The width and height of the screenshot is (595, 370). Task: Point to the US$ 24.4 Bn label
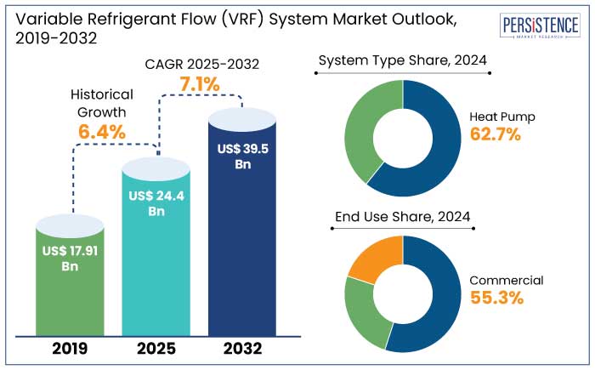click(x=156, y=203)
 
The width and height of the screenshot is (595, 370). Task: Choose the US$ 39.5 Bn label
click(x=241, y=157)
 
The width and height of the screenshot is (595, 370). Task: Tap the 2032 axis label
click(x=242, y=348)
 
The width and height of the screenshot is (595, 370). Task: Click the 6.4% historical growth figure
click(x=102, y=132)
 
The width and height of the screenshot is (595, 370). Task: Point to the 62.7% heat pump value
click(x=496, y=134)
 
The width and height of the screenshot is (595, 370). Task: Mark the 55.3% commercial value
click(x=496, y=298)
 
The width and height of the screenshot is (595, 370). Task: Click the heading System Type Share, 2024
click(x=404, y=61)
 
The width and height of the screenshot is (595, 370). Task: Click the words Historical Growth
click(x=102, y=102)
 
